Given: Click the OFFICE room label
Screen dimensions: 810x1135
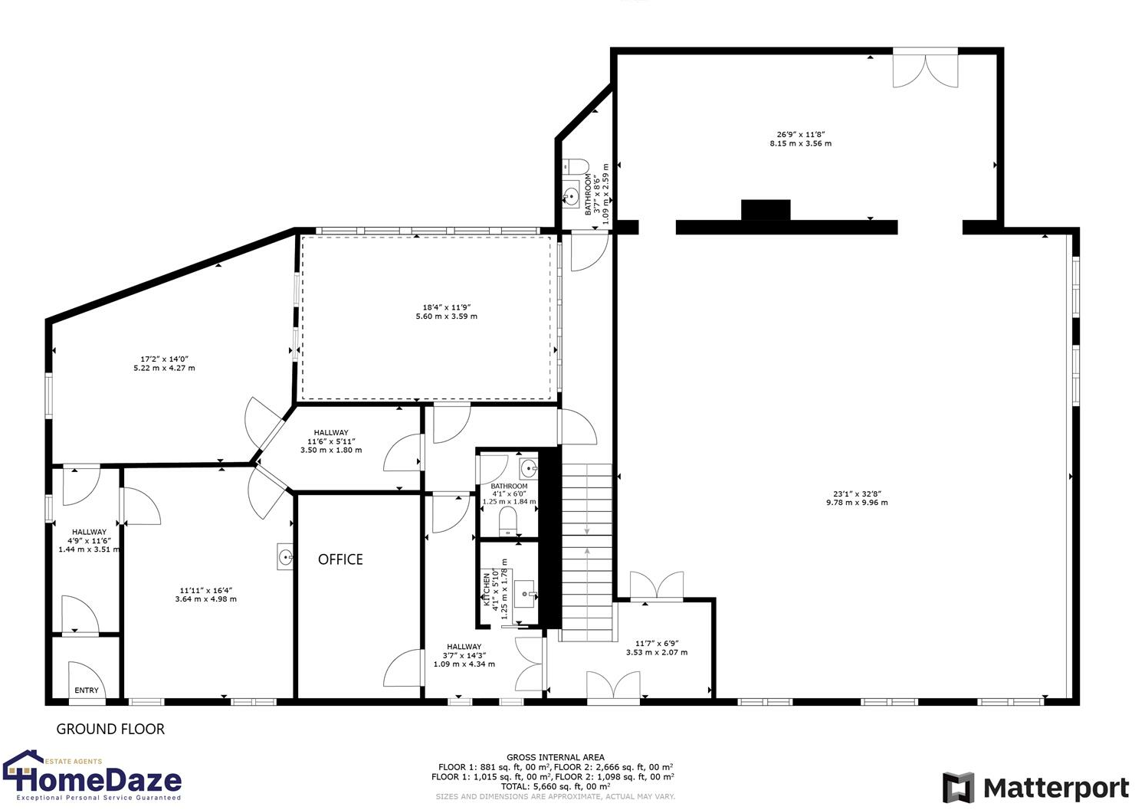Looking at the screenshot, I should tap(340, 559).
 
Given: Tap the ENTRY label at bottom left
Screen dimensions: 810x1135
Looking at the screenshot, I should tap(87, 690).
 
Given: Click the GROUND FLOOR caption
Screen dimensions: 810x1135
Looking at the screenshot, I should tap(110, 729).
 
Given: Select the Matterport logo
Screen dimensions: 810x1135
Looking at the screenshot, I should tap(1035, 788).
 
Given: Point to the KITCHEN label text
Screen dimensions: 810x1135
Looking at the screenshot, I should tap(487, 590).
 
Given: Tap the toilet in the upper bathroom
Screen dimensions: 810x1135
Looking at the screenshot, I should tap(575, 166).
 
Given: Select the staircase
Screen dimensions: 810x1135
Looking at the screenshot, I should tap(588, 552).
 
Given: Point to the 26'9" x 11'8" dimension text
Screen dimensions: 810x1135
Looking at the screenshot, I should tap(800, 139).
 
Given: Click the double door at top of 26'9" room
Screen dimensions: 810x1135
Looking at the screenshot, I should tap(925, 69).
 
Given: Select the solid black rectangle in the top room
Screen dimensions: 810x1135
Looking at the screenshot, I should tap(765, 210).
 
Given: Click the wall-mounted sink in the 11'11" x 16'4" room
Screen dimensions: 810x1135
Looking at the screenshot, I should tap(285, 557).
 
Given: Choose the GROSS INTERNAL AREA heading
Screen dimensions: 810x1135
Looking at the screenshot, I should tap(555, 757).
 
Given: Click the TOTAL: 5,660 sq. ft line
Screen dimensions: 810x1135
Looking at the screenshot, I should tap(555, 786).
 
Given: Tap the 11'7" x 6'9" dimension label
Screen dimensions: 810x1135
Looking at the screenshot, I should tap(657, 648).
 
